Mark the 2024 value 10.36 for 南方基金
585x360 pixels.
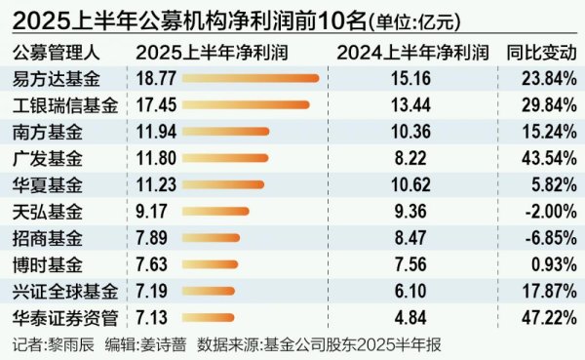(x=402, y=132)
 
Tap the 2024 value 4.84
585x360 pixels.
(x=402, y=317)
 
